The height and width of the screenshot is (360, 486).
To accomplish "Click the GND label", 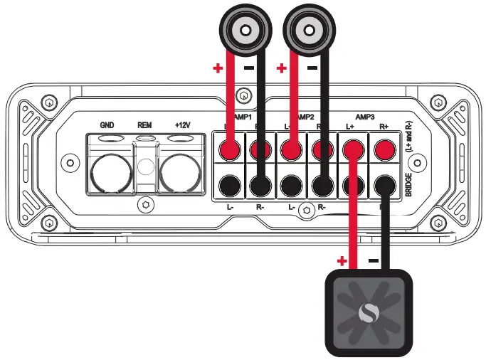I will coord(107,125).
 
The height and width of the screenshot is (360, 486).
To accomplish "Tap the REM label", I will coord(144,125).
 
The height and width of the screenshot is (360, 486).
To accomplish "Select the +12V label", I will coord(182,125).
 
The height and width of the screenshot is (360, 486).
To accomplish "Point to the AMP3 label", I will coord(365,115).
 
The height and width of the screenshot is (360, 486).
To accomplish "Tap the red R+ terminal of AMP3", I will coord(384,149).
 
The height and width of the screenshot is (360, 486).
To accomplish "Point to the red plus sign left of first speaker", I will coord(218,69).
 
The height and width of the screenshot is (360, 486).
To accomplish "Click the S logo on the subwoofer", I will coord(367,312).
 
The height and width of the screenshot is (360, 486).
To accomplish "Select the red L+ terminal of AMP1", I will coord(228,149).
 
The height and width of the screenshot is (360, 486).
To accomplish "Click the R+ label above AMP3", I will coord(384,126).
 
